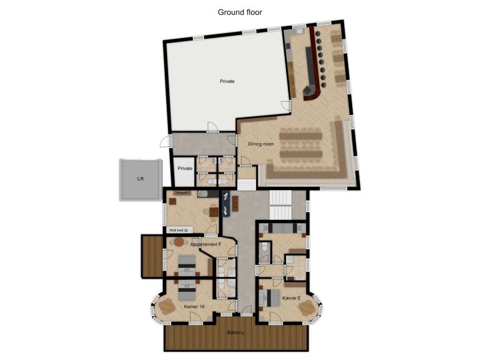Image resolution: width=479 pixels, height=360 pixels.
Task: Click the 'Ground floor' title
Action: click(240, 12)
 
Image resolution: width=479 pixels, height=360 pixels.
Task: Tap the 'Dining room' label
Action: click(261, 144)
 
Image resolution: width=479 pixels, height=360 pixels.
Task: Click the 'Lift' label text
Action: click(141, 179)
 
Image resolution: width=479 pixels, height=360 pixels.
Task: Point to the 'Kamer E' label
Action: click(291, 298)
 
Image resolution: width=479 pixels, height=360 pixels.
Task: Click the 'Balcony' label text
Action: click(235, 332)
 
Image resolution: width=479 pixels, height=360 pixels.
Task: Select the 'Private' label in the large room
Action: click(227, 81)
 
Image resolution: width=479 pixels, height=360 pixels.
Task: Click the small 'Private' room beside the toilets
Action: click(185, 169)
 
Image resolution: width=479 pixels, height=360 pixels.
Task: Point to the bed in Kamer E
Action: click(270, 297)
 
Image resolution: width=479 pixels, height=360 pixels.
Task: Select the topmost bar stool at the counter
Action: click(318, 34)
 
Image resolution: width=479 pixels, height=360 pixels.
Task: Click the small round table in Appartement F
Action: click(179, 242)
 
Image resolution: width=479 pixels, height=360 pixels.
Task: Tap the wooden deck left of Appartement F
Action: click(152, 256)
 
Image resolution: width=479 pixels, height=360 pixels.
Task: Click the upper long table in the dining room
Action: click(300, 135)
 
